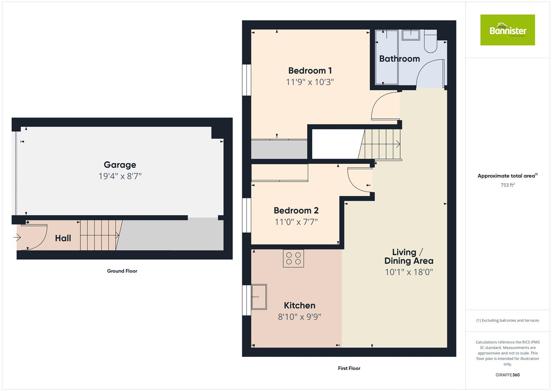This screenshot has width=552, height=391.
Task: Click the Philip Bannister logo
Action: point(507,30)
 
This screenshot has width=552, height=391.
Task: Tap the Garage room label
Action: point(120,165)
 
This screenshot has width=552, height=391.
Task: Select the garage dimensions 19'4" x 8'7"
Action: point(120,176)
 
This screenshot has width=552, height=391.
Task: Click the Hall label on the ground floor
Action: point(63,238)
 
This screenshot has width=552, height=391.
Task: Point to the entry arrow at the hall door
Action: point(17,237)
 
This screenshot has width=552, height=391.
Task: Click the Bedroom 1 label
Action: point(310,71)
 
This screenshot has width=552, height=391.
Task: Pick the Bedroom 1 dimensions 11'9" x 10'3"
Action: point(310,82)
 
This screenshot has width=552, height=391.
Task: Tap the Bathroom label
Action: point(399,59)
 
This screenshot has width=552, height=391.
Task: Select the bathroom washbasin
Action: point(411,35)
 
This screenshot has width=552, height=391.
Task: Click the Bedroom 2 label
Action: point(296,210)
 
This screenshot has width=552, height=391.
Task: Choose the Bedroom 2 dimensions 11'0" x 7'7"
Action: point(296,222)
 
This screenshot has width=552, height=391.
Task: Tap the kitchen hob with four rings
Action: point(293,258)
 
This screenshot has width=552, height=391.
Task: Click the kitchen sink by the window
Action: point(259,297)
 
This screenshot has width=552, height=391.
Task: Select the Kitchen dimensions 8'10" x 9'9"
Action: point(299,317)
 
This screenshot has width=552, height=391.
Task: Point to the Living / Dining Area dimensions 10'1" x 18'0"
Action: point(409,272)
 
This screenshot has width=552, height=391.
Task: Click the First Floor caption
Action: point(349,368)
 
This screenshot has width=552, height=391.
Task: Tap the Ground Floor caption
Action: point(122,271)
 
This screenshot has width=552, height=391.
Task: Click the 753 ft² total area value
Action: point(507,185)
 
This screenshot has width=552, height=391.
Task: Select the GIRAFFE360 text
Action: point(507,375)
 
